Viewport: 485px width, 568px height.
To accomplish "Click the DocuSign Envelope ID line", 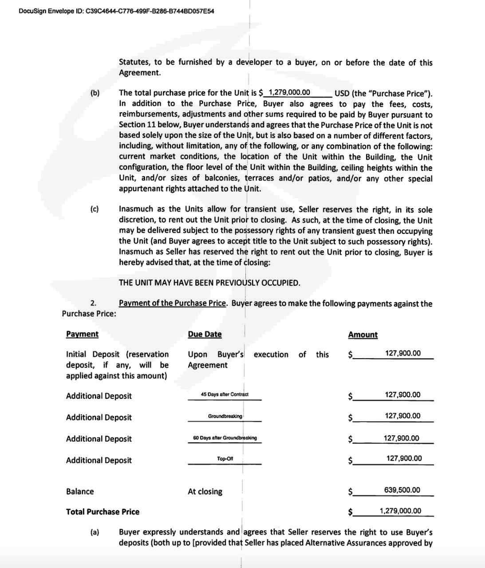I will [x=117, y=11].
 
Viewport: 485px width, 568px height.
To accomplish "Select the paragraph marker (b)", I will [x=95, y=93].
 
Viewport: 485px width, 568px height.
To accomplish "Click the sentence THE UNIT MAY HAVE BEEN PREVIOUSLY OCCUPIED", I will [x=209, y=283].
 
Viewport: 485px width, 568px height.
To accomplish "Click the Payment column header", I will [x=82, y=334].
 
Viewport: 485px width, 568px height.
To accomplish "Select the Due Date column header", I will [x=205, y=334].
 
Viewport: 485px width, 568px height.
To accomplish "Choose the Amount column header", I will [x=363, y=335].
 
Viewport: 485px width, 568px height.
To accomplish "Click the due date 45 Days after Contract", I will [x=225, y=394].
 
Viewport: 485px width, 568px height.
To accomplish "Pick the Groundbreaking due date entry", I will [x=225, y=416].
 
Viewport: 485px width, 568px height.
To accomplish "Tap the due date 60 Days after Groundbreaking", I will [x=225, y=438].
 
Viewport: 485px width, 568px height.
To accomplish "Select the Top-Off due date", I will [x=225, y=459].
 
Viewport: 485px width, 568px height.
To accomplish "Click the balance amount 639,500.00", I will [x=402, y=490].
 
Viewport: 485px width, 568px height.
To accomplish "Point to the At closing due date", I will [x=205, y=492].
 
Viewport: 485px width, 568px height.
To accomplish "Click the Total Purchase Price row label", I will [x=103, y=512].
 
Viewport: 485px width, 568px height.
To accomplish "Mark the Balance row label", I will [x=80, y=492].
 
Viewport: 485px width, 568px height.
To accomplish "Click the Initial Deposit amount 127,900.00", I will [x=403, y=354].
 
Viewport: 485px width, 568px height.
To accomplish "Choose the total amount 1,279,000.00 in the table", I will [x=400, y=511].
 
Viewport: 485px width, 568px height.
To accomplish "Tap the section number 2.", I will [x=93, y=304].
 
